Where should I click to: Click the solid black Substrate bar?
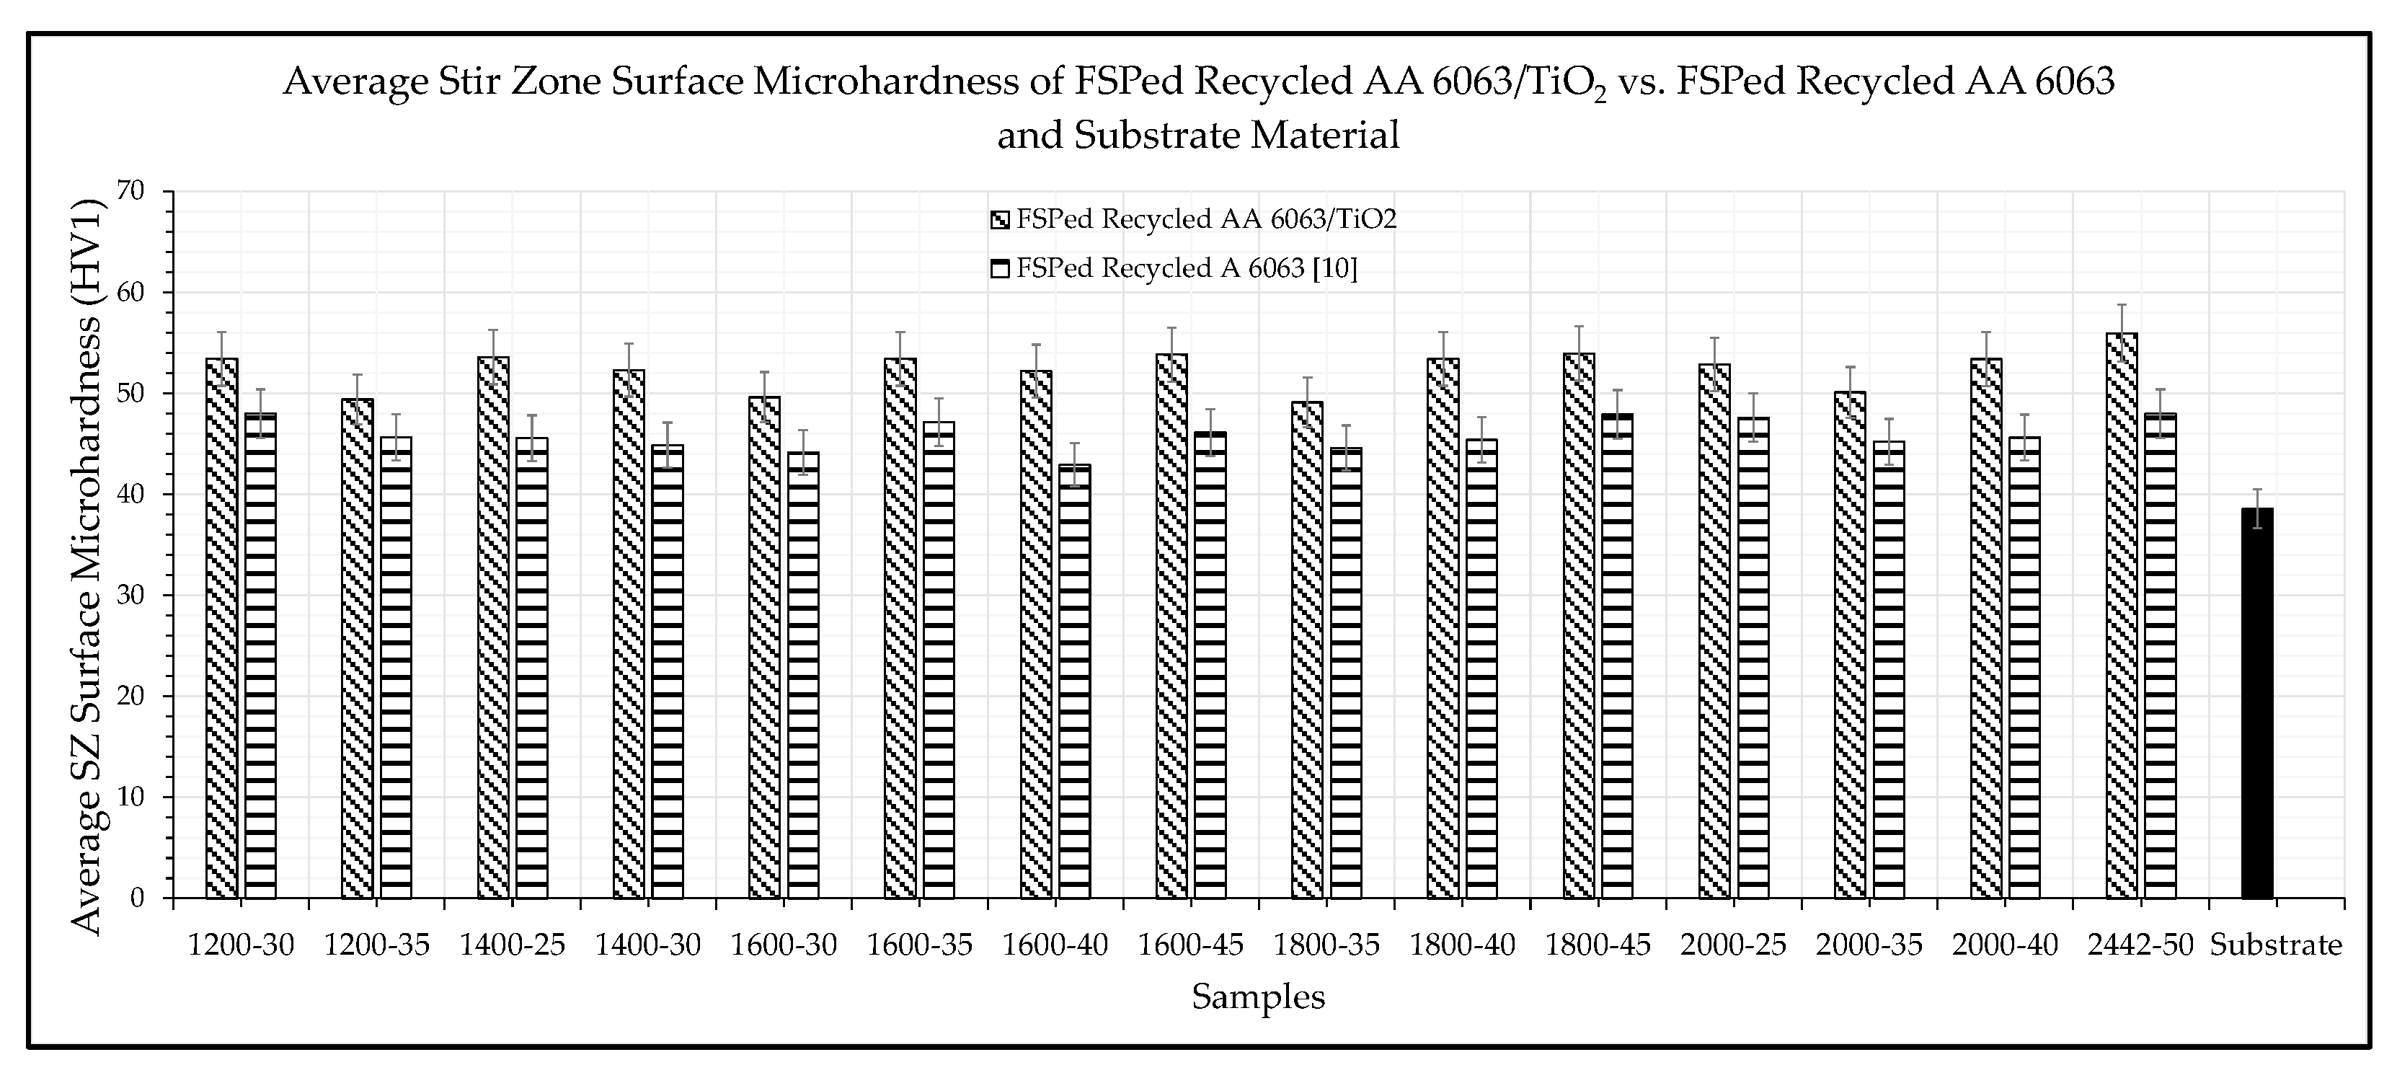tap(2256, 703)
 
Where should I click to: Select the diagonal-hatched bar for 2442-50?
tap(2121, 614)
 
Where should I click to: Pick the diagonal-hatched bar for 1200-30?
tap(221, 627)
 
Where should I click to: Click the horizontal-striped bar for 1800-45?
tap(1617, 655)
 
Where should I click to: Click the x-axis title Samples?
tap(1258, 997)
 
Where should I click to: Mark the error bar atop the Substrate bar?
tap(2257, 508)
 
